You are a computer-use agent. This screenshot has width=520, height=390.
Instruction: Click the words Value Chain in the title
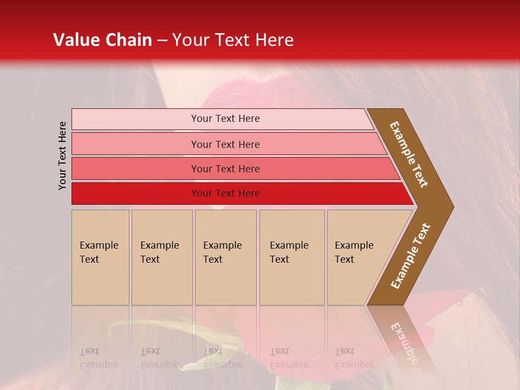(x=102, y=40)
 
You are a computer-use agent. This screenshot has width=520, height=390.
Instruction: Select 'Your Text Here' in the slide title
(x=233, y=40)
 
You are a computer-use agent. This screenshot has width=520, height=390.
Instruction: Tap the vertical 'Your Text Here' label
(x=62, y=155)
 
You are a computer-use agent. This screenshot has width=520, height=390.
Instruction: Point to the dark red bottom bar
(x=135, y=193)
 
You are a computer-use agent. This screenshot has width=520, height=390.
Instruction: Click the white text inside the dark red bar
(x=225, y=193)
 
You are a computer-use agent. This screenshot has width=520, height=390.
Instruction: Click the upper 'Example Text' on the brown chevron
(x=409, y=154)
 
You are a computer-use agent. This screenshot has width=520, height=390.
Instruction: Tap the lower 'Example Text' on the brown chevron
(x=411, y=256)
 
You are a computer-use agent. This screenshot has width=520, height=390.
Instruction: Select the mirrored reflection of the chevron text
(x=406, y=347)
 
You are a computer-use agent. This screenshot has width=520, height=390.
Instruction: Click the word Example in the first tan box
(x=99, y=245)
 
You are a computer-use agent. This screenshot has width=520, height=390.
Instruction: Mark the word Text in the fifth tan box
(x=344, y=259)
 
